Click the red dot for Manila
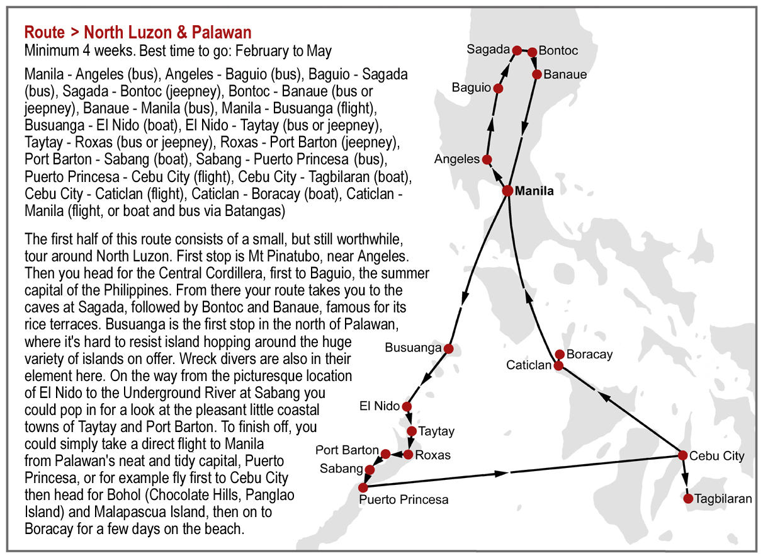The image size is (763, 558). coord(507,191)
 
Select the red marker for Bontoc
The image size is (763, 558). coord(532,52)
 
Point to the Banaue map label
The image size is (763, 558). coord(565,74)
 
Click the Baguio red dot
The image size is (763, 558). coord(498,89)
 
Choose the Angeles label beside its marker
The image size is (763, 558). coord(457,159)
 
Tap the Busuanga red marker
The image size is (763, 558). coord(448,348)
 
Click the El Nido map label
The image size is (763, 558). coord(380,406)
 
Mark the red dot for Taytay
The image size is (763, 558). coord(412,431)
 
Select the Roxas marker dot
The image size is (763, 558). coord(408,454)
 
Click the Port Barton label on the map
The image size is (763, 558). coord(347,450)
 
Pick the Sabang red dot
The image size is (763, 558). coord(370,469)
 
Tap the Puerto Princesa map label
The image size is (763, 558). coord(404,500)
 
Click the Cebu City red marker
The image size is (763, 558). coord(682,455)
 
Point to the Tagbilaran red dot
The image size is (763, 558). coord(688,499)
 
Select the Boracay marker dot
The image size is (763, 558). coord(560,355)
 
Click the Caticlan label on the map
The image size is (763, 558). coord(529,365)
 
